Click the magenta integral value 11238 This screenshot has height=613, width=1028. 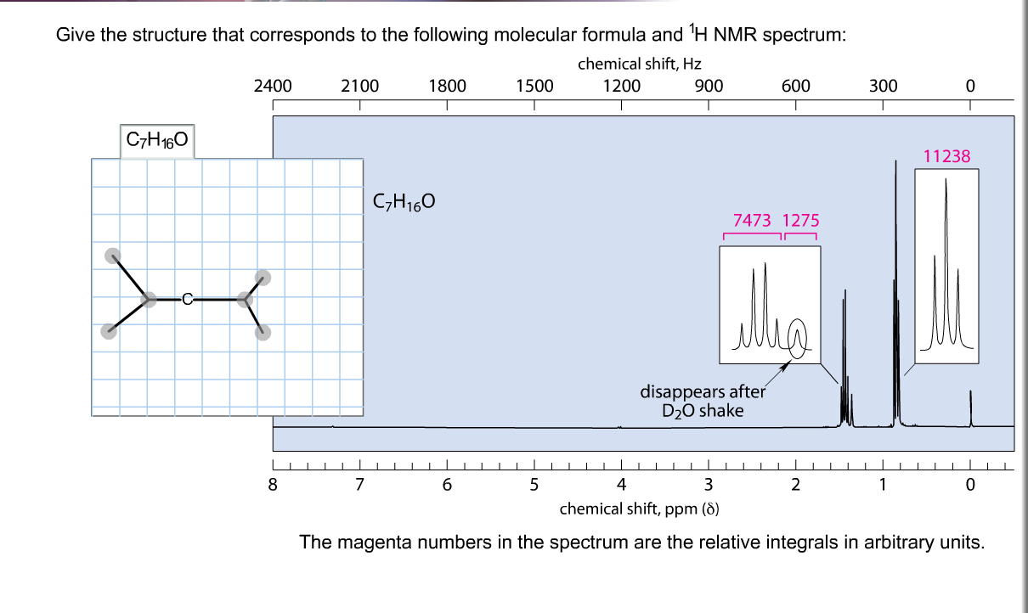click(x=946, y=156)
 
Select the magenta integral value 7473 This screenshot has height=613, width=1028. click(x=752, y=221)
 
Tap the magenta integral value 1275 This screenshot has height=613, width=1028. click(x=800, y=221)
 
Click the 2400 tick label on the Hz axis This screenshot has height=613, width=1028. click(x=273, y=87)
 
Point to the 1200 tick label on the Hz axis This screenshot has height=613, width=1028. click(x=621, y=87)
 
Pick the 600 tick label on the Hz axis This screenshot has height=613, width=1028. click(x=796, y=87)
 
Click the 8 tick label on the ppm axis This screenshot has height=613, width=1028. click(x=273, y=485)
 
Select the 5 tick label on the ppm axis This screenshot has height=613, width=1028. click(x=534, y=485)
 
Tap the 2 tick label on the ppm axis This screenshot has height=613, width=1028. click(x=796, y=485)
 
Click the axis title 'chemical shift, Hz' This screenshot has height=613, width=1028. click(x=639, y=65)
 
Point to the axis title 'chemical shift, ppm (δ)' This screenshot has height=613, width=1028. click(x=639, y=509)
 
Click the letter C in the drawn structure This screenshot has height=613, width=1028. click(x=187, y=300)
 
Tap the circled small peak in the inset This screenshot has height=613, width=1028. click(x=798, y=339)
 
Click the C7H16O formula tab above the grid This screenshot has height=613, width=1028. click(x=157, y=140)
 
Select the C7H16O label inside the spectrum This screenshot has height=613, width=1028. click(x=404, y=202)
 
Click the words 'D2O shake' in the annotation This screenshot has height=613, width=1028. click(x=703, y=411)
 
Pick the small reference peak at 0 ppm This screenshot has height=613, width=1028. click(x=970, y=408)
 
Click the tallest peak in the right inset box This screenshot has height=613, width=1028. click(x=946, y=262)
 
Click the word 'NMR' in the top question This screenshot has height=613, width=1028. click(x=735, y=35)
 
